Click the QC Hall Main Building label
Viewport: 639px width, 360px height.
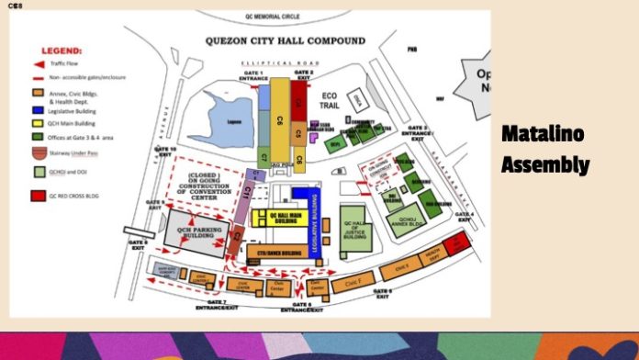point(279,218)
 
